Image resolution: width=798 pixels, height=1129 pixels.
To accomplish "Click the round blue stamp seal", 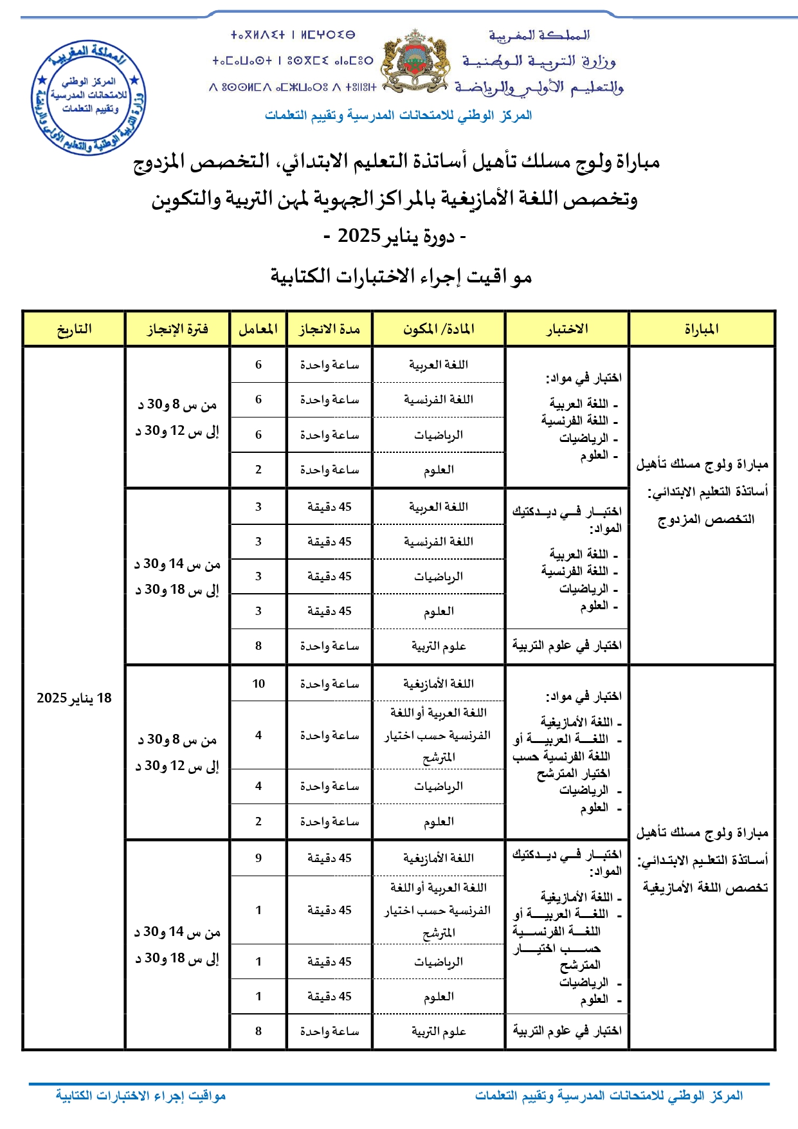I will point(89,97).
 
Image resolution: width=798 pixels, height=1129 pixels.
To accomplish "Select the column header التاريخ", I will point(74,329).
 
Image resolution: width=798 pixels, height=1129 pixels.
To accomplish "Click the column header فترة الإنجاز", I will point(177,329).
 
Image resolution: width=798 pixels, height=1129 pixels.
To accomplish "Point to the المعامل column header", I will point(258,329).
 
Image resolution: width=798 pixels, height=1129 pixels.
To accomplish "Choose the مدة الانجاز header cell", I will point(329,329).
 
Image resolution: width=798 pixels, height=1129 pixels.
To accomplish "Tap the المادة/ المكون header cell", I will point(439,329).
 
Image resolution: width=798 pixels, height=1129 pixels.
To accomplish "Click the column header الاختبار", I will point(567,329).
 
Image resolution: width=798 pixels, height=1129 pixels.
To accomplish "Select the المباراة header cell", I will point(702,329).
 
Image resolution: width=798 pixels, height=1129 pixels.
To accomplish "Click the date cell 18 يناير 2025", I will point(74,698).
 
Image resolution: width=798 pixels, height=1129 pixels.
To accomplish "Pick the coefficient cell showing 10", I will point(258,684).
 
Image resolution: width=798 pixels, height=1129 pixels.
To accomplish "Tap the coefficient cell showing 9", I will point(258,858).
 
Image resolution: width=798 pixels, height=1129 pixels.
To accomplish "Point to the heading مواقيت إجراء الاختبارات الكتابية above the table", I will point(401,277).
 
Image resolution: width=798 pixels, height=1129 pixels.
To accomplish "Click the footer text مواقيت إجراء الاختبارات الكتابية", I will point(141,1095).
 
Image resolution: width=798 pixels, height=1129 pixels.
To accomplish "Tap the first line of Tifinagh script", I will point(293,35).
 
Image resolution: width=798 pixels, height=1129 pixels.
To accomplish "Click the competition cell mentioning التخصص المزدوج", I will point(702,491).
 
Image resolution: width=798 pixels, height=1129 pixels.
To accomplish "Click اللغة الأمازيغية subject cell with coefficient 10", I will point(439,684).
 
